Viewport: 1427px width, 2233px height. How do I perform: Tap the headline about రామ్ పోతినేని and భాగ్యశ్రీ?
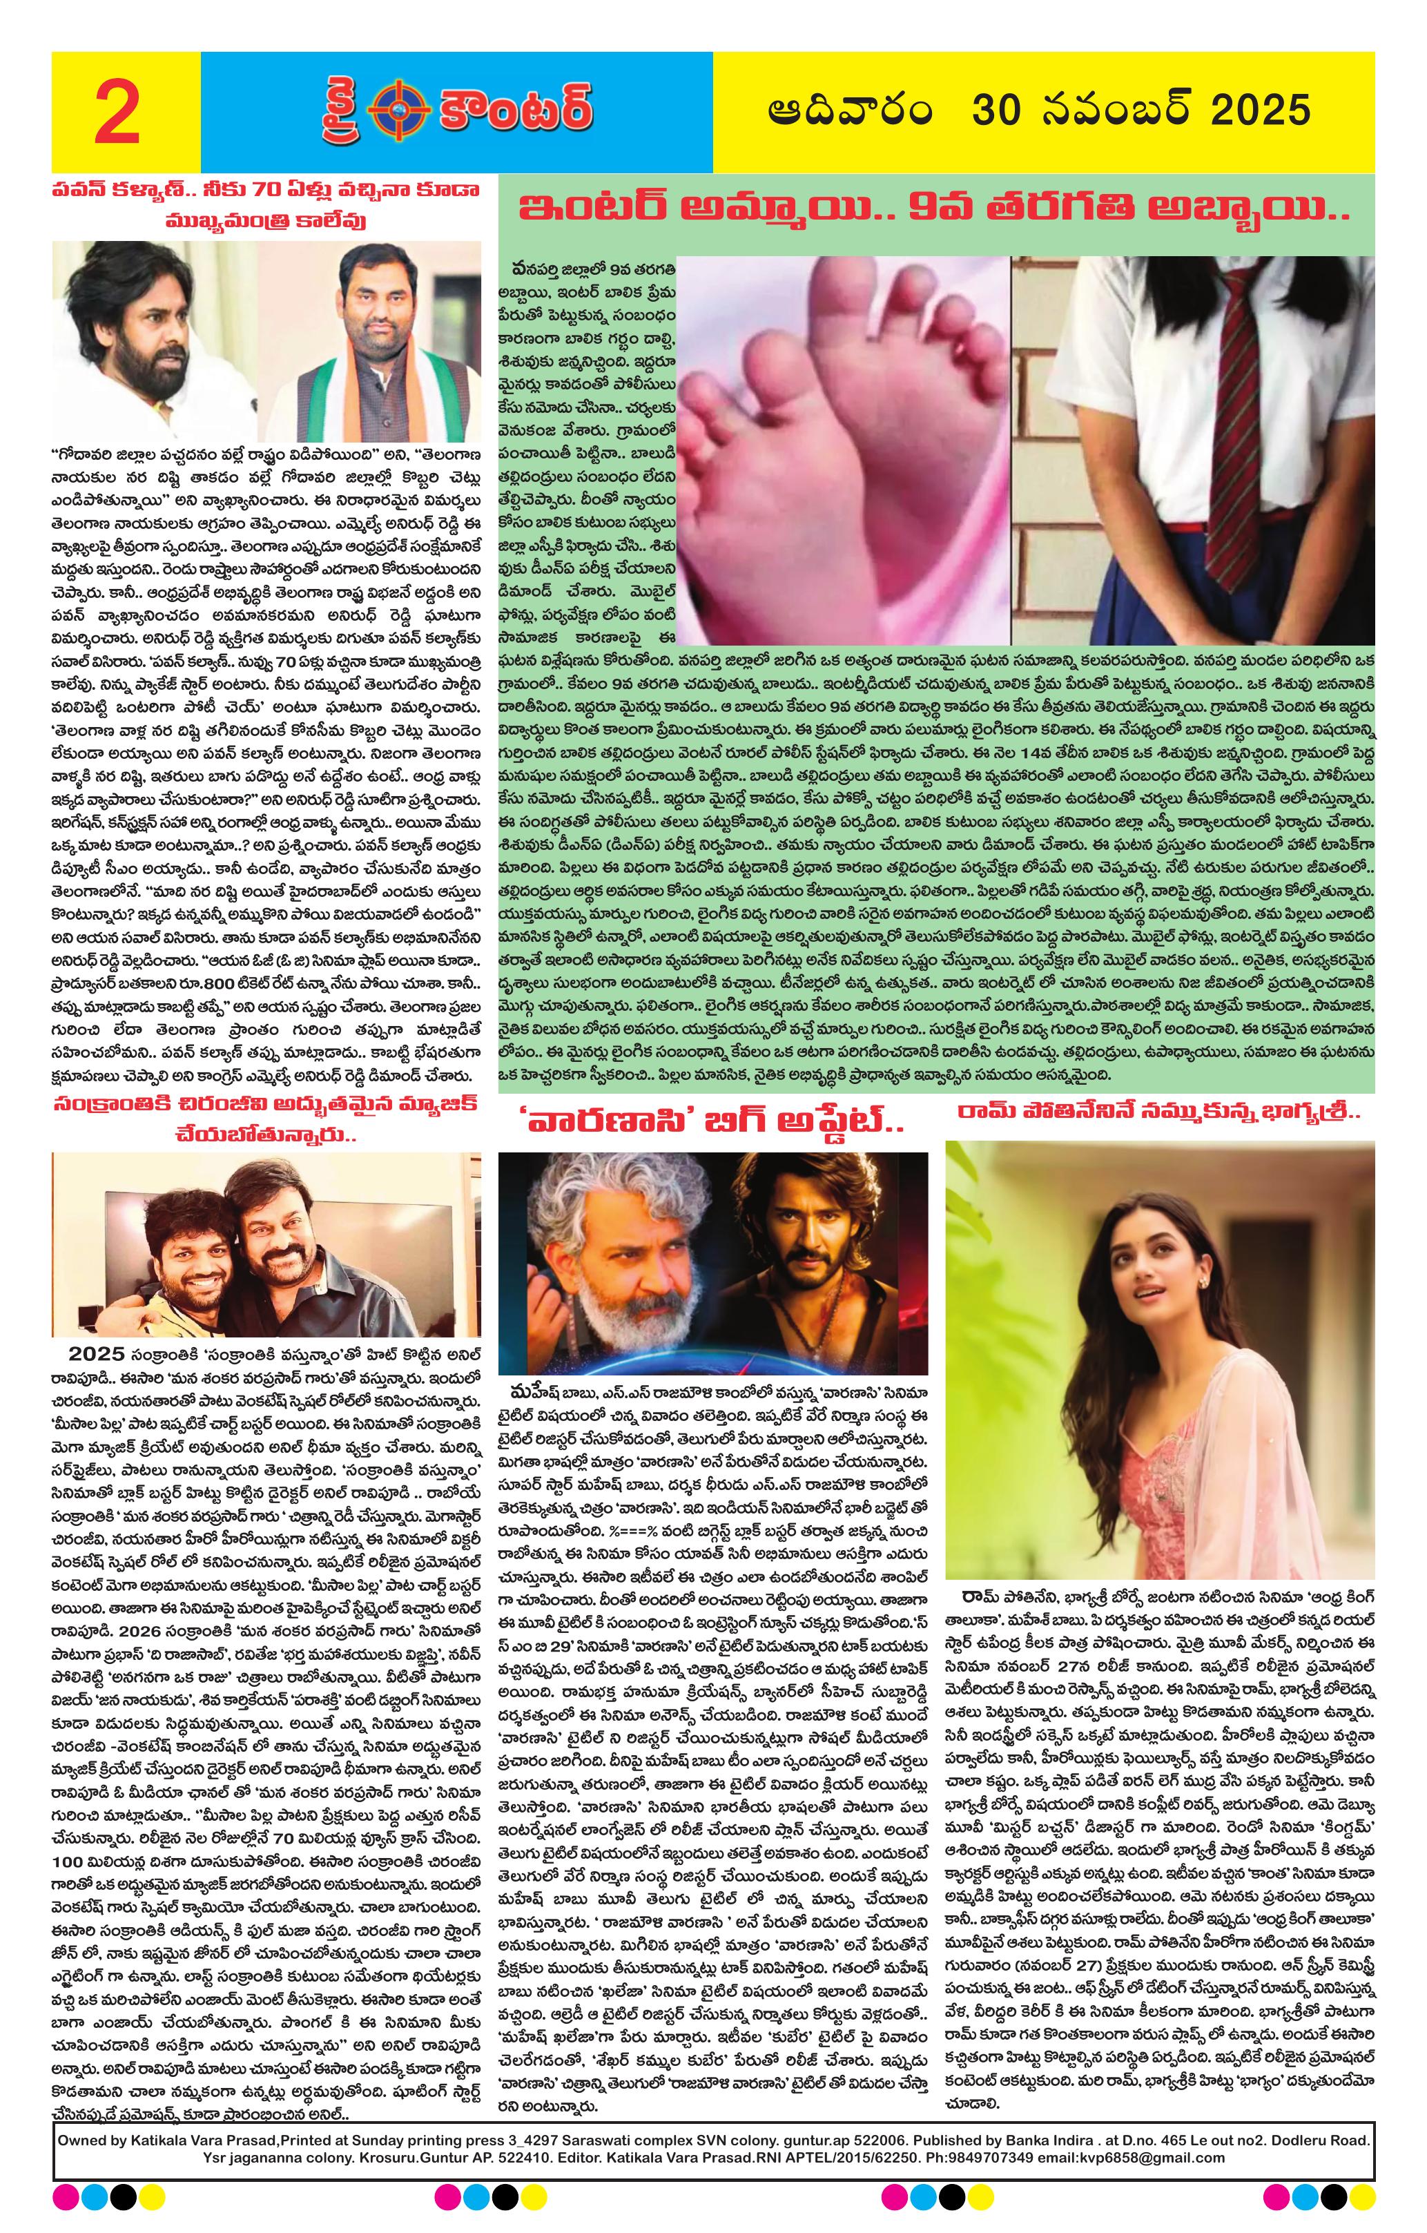(x=1159, y=1116)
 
